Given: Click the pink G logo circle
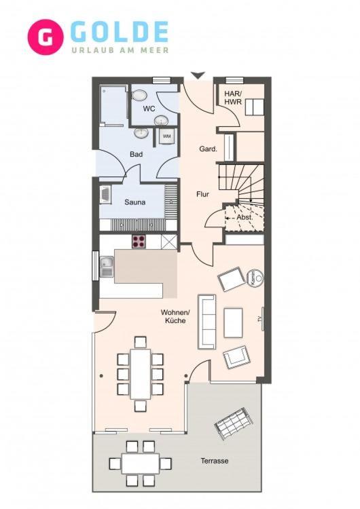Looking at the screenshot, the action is [46, 37].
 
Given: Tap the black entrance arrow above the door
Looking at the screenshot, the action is [198, 75].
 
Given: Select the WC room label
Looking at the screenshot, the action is [149, 109].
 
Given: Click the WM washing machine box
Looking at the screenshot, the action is [166, 135].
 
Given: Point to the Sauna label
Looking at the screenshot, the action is [135, 202].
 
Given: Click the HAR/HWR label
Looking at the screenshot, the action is [233, 97].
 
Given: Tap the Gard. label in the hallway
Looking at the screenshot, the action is [208, 149].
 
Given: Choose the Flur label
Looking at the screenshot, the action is [202, 194].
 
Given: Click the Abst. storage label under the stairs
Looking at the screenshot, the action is [245, 217].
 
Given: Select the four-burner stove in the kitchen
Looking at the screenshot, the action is [139, 242].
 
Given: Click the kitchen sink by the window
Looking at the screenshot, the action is [107, 267].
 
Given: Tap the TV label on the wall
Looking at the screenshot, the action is [260, 319].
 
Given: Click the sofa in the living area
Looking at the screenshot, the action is [207, 322].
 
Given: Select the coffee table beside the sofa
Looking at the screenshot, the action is [233, 322].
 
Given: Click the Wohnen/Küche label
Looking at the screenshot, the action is [175, 316].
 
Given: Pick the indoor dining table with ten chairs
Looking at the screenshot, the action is [141, 374].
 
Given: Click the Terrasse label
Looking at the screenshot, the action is [215, 461].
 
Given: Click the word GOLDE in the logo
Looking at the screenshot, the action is [120, 32].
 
